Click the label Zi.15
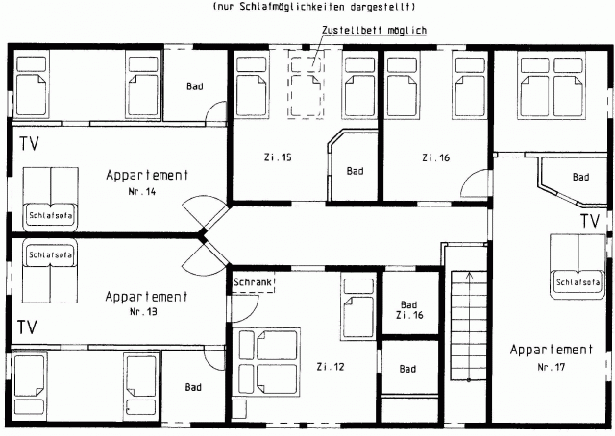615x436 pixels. (278, 157)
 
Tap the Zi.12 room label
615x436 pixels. (331, 367)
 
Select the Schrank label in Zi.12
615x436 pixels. (253, 282)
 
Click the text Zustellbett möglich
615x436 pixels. (374, 30)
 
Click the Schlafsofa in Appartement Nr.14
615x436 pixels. (51, 200)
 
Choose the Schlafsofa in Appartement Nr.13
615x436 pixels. (50, 271)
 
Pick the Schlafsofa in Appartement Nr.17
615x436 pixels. (578, 267)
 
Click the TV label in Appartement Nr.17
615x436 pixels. (590, 221)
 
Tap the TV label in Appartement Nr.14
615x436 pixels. (30, 143)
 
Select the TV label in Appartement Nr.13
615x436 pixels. (28, 327)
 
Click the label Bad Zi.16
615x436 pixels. (409, 310)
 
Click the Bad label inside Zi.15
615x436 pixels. (355, 171)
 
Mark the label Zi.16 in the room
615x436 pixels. (435, 157)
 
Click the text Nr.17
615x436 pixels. (551, 368)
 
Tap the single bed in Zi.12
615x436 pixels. (358, 307)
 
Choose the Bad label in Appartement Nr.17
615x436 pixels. (580, 178)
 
